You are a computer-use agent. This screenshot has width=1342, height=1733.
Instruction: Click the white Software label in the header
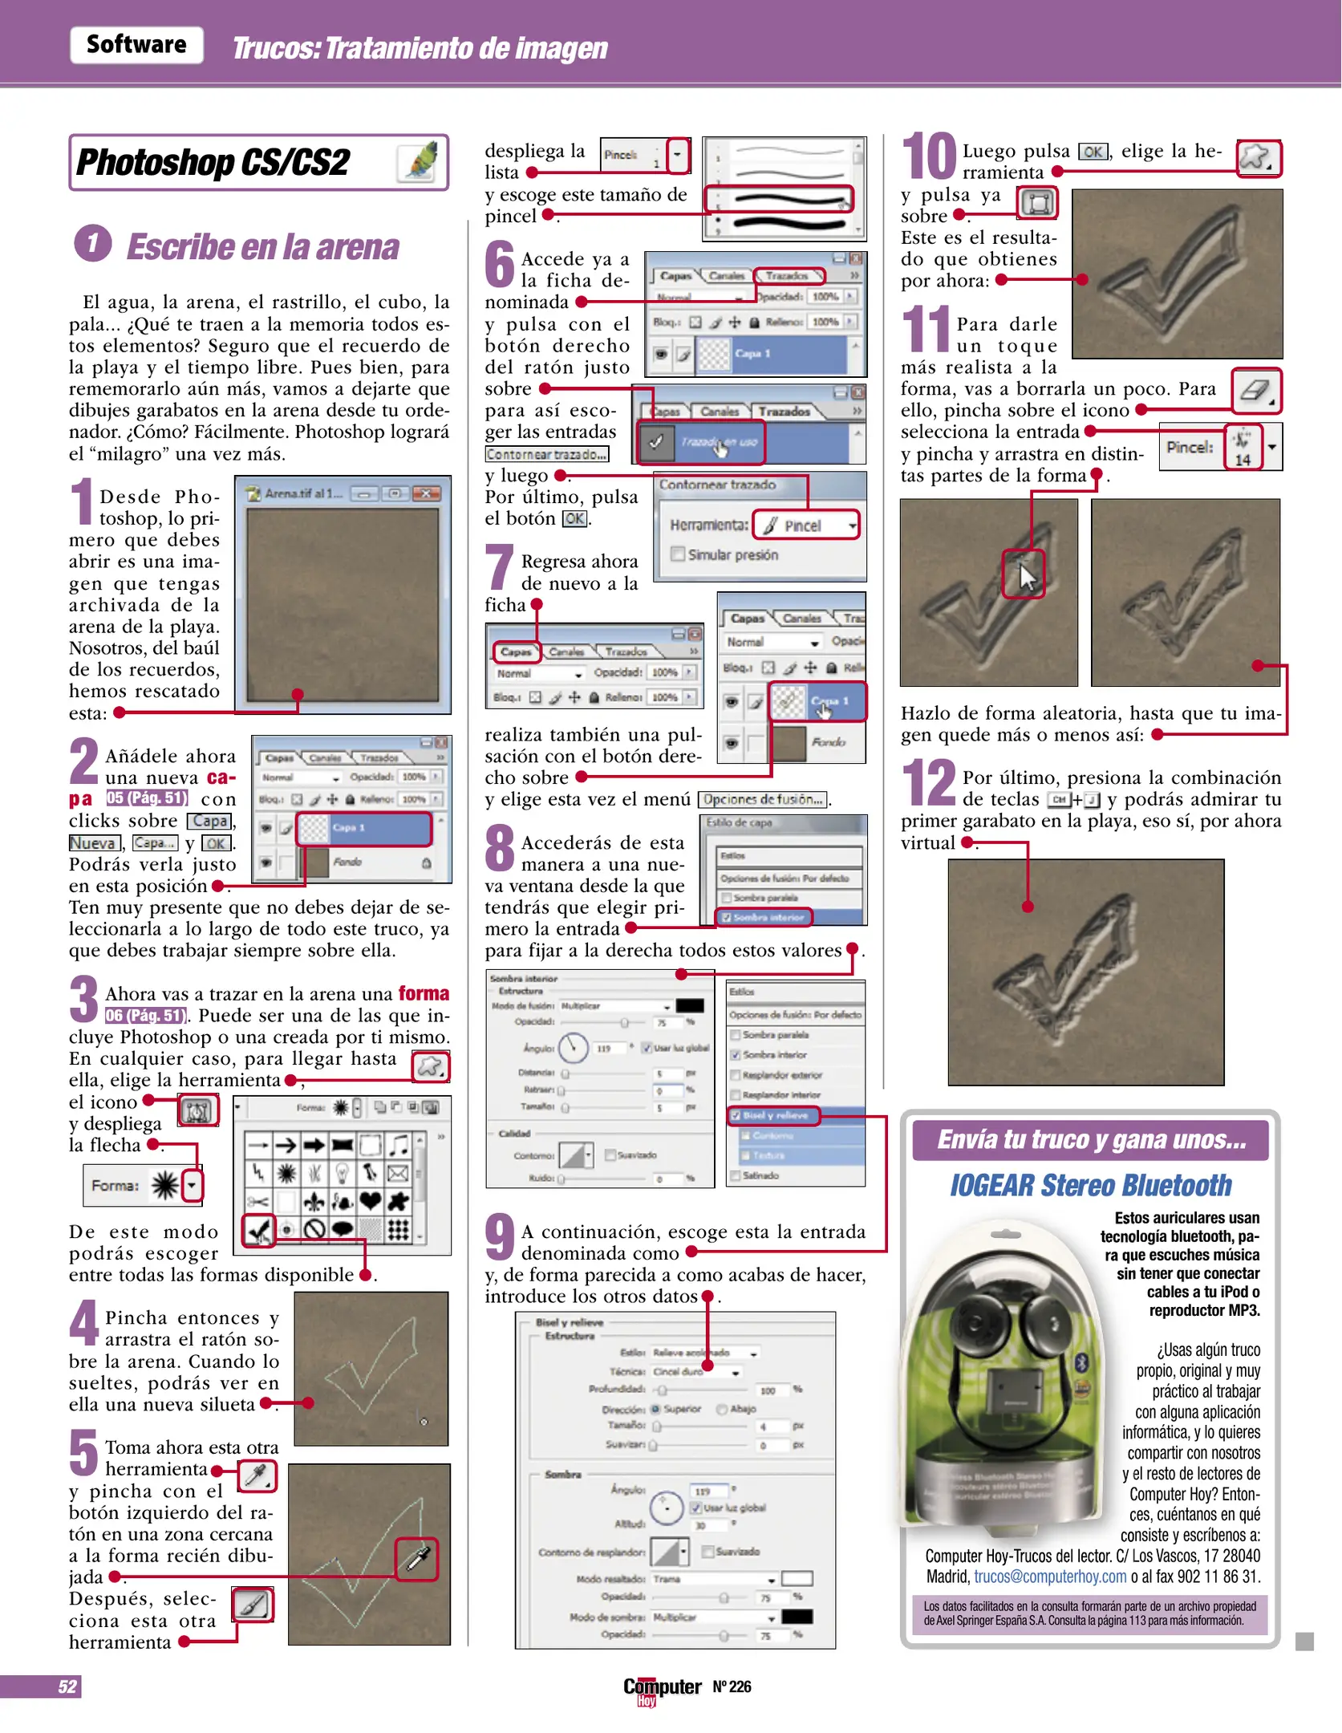click(136, 45)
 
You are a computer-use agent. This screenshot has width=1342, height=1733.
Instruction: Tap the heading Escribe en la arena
click(262, 247)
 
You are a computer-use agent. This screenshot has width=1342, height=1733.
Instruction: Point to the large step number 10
click(929, 156)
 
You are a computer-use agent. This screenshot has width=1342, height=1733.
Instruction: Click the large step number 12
click(929, 782)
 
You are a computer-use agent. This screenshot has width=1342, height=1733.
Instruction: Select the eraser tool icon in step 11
click(1255, 391)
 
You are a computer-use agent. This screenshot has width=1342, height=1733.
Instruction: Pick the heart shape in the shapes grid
click(370, 1201)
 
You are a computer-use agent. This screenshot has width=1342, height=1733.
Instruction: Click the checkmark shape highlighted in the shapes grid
click(258, 1229)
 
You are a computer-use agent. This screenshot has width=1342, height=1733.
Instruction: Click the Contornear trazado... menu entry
click(546, 454)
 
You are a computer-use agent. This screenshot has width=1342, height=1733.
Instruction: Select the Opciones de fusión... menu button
click(763, 799)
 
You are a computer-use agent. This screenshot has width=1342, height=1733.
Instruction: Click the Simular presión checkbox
click(678, 554)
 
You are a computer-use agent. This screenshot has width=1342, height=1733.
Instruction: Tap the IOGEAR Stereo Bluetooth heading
click(1090, 1185)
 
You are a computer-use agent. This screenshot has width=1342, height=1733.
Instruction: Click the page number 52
click(67, 1686)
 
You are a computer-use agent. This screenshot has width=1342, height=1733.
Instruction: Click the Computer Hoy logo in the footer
click(662, 1687)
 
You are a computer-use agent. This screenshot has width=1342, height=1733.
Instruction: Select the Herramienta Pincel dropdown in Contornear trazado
click(805, 526)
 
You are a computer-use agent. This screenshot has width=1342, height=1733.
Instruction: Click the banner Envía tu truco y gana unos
click(1090, 1140)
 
